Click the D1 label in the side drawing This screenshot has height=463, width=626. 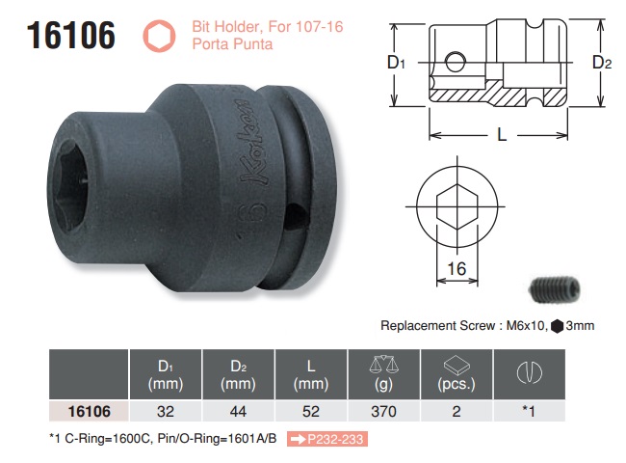[x=395, y=63]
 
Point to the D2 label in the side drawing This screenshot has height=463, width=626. [x=602, y=63]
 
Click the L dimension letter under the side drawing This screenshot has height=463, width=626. [x=502, y=136]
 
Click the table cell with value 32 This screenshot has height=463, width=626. [x=167, y=411]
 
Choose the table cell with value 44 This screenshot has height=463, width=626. [x=239, y=411]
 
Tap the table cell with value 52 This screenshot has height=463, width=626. [x=311, y=411]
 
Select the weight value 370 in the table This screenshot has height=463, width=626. [x=382, y=411]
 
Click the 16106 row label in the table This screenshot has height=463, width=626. [x=89, y=411]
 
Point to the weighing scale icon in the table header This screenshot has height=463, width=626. [x=382, y=364]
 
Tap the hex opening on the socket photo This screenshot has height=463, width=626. [x=69, y=177]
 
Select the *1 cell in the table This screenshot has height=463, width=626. [x=527, y=411]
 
